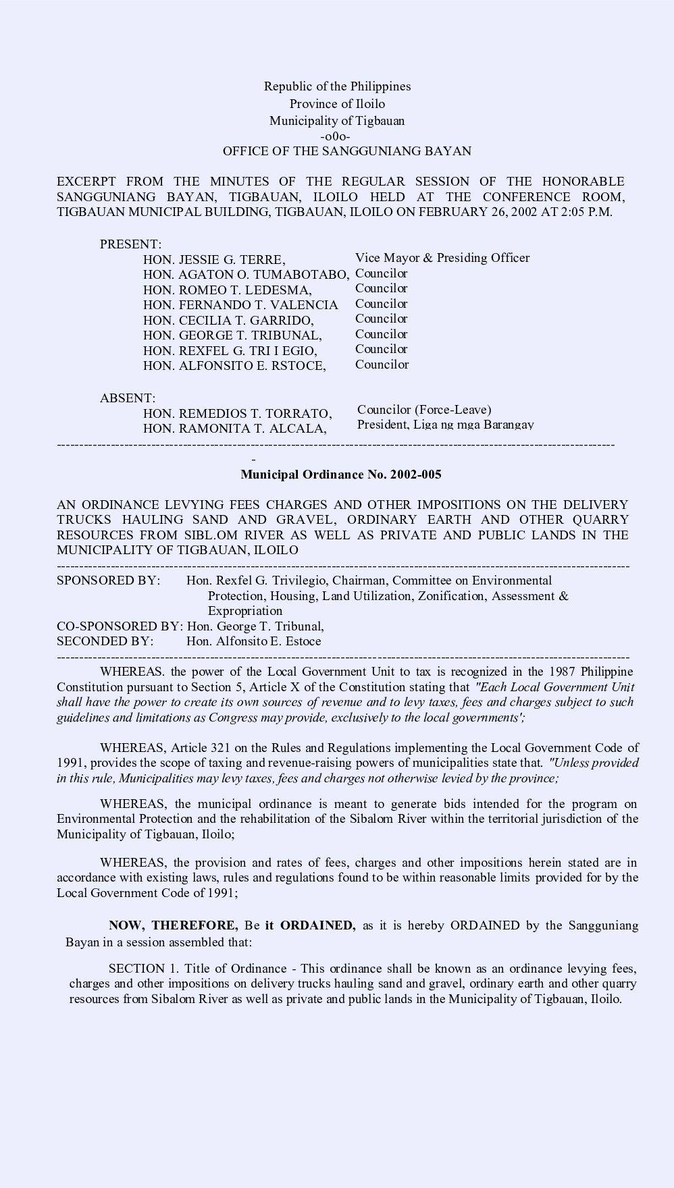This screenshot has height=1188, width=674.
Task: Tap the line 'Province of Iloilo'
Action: pyautogui.click(x=337, y=104)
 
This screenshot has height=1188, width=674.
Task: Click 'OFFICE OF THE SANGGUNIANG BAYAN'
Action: pyautogui.click(x=347, y=151)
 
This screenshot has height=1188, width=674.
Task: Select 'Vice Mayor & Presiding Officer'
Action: pyautogui.click(x=442, y=258)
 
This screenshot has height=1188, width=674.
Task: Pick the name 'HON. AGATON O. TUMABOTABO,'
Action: pyautogui.click(x=247, y=275)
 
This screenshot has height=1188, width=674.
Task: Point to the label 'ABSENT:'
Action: pyautogui.click(x=128, y=399)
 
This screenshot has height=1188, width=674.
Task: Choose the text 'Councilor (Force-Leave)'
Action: pyautogui.click(x=424, y=410)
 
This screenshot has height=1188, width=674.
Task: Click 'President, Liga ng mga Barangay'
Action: pyautogui.click(x=446, y=425)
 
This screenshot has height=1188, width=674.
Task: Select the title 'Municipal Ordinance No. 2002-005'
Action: pyautogui.click(x=341, y=475)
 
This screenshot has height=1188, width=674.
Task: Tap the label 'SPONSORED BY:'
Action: pyautogui.click(x=109, y=580)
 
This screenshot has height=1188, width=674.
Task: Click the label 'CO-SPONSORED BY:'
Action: pyautogui.click(x=120, y=626)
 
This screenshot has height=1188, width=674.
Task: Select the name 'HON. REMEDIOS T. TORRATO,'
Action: pyautogui.click(x=237, y=414)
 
